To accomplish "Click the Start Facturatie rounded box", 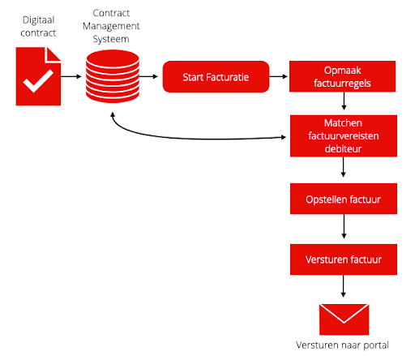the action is [x=216, y=77].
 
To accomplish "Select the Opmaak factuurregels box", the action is [x=342, y=76].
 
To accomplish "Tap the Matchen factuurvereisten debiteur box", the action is [x=344, y=136].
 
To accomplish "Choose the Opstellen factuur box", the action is [x=344, y=199].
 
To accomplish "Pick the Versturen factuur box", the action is [x=344, y=259].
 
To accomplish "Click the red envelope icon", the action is [x=344, y=319].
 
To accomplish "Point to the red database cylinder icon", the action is [x=113, y=76].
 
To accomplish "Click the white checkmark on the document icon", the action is [x=38, y=81].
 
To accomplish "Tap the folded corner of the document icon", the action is [x=53, y=54].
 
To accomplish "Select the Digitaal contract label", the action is [x=38, y=27].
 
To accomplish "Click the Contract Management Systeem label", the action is [x=111, y=26].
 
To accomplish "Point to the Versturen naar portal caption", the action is [x=342, y=345].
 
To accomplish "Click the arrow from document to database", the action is [x=71, y=76].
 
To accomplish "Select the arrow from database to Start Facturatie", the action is [x=148, y=76].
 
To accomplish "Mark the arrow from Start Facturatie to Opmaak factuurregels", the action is [x=279, y=76].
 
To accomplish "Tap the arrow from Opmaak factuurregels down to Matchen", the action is [x=344, y=101].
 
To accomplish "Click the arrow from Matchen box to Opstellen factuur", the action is [x=344, y=167].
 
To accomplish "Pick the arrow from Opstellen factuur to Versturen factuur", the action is [x=344, y=226].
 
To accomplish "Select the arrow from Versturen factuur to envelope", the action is [x=344, y=286].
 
